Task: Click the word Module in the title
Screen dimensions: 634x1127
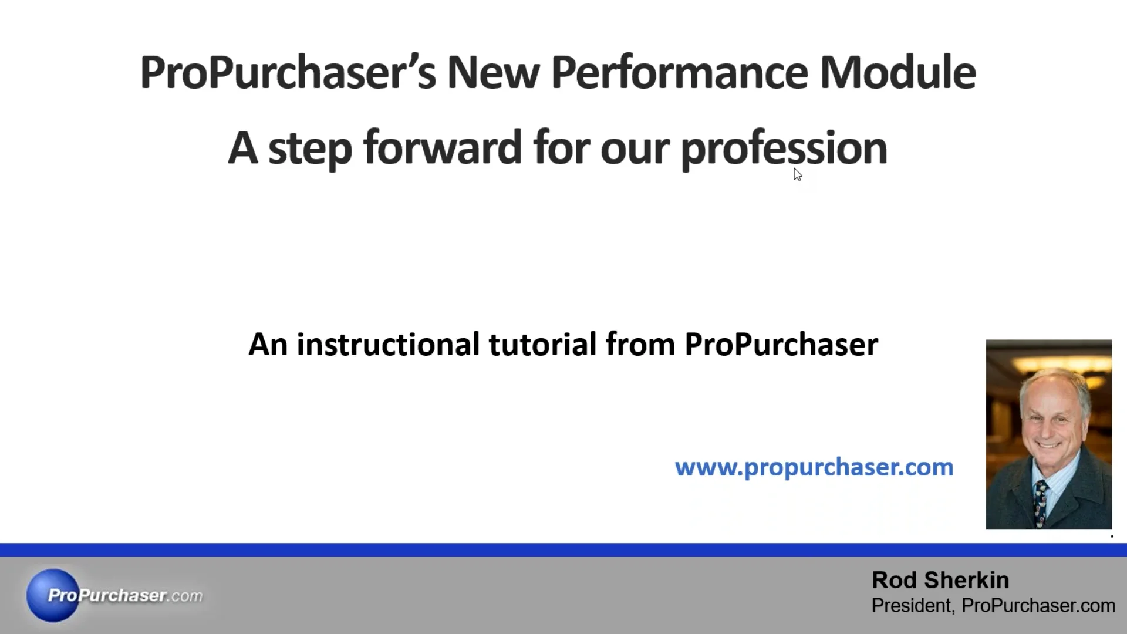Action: (897, 73)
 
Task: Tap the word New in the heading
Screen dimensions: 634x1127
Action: (493, 73)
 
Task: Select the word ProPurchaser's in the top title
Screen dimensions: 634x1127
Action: (288, 73)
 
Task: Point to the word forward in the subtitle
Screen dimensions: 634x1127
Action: (442, 148)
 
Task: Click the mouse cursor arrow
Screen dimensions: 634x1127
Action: (797, 174)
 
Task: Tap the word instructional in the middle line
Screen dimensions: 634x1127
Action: (388, 344)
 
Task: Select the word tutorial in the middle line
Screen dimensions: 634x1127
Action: (542, 344)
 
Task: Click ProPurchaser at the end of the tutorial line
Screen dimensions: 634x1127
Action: (781, 344)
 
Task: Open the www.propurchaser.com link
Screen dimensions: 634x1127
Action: (814, 467)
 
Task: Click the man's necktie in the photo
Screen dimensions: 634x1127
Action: (1041, 502)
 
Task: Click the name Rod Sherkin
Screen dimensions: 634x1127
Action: (940, 580)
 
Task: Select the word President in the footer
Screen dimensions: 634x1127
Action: (912, 605)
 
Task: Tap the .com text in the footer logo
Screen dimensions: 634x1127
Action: (187, 596)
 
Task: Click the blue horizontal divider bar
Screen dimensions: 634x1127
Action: (563, 549)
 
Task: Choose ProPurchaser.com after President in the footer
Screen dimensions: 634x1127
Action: (1038, 605)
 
